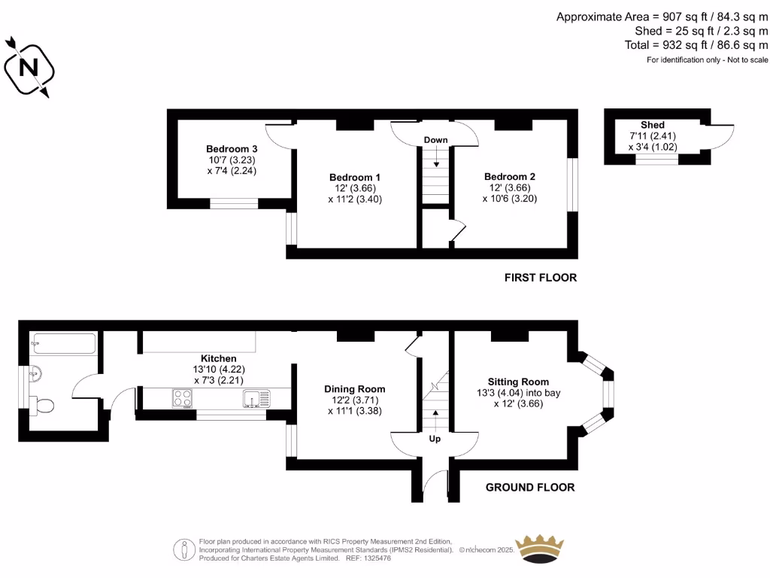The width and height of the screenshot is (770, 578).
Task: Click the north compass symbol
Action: [x=29, y=67]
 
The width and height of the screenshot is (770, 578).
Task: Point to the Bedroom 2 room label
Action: [x=510, y=177]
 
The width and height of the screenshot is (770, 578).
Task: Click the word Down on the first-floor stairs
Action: [x=436, y=140]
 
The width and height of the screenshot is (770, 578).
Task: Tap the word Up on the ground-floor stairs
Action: [x=435, y=439]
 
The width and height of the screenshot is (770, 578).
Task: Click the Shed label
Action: [x=653, y=125]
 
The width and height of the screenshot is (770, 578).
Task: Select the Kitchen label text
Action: [x=219, y=358]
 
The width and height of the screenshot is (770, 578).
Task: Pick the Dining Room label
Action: [x=355, y=389]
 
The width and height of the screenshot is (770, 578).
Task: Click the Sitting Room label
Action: [x=518, y=382]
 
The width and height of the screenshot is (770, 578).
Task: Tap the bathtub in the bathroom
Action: [x=63, y=344]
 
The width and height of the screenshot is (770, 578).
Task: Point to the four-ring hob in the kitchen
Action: [x=183, y=398]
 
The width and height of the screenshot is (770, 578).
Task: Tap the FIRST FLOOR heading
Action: [x=541, y=278]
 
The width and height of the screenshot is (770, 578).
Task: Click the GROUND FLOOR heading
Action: [x=530, y=487]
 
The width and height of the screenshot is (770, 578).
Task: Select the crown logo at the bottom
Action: [x=538, y=549]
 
